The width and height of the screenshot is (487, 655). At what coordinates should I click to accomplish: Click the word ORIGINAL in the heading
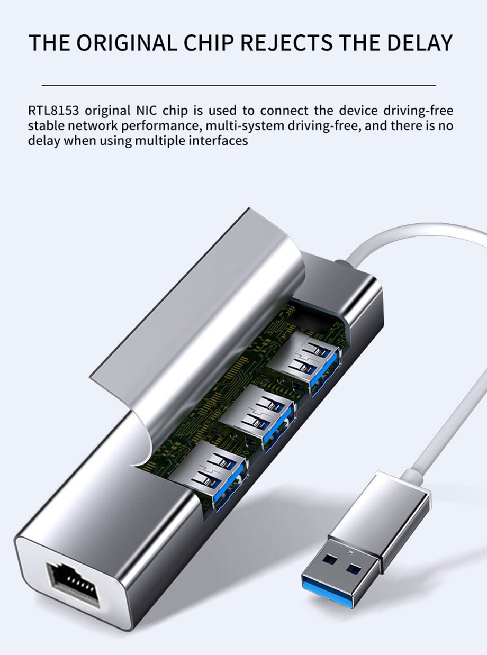[x=127, y=42]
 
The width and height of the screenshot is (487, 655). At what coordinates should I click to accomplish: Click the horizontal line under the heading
[x=239, y=85]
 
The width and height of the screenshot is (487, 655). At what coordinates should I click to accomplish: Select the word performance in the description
[x=163, y=126]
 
